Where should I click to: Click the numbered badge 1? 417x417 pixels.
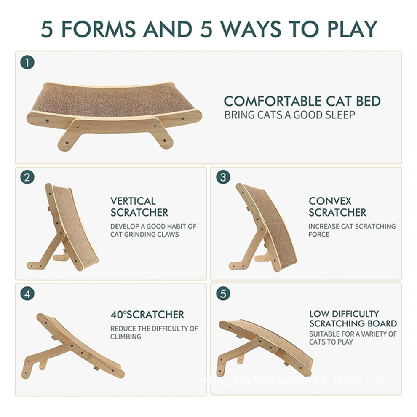(27, 63)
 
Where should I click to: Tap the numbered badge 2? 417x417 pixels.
(27, 178)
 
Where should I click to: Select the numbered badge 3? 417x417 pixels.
(223, 177)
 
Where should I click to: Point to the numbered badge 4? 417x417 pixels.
(27, 293)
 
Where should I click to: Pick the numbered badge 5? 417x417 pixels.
(223, 293)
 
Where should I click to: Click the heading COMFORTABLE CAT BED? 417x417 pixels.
(302, 102)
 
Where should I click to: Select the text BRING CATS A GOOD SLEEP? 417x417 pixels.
(289, 115)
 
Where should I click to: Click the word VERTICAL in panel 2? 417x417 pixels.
(133, 201)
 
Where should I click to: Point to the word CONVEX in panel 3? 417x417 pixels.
(330, 201)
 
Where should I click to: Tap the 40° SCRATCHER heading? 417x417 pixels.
(147, 315)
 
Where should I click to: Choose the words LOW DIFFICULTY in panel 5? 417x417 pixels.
(344, 314)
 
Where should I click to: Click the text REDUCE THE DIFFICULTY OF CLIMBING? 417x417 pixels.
(154, 332)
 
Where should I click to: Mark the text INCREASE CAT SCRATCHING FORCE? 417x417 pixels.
(352, 230)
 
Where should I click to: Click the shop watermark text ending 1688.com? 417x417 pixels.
(297, 382)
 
